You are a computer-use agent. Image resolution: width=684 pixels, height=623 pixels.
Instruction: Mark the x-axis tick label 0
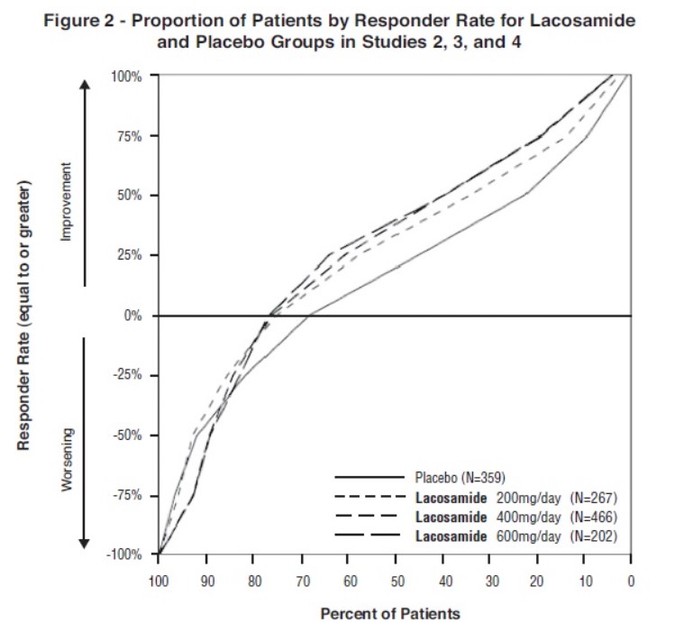point(630,581)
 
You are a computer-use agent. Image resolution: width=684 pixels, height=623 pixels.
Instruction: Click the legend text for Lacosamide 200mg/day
point(517,497)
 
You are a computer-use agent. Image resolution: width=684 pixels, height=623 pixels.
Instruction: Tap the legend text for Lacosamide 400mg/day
point(517,517)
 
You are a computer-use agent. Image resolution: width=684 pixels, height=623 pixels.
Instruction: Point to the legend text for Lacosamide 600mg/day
point(517,537)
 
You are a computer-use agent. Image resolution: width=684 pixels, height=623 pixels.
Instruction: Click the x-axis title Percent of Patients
point(390,613)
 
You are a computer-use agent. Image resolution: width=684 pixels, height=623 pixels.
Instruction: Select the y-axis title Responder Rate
point(25,316)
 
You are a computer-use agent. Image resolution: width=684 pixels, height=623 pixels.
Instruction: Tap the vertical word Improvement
point(65,207)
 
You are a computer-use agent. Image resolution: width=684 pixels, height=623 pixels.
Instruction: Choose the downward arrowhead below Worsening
point(85,543)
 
